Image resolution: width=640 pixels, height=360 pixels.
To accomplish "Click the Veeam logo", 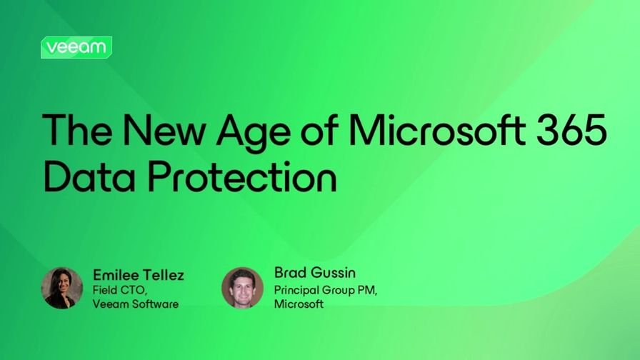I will tap(76, 47).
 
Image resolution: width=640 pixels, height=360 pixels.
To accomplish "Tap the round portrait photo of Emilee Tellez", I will tap(62, 288).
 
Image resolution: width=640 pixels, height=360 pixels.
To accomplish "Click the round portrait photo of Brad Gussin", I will tap(243, 288).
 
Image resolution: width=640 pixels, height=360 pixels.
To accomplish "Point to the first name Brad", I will tap(290, 272).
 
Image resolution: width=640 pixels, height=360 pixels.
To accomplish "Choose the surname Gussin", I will tap(334, 272).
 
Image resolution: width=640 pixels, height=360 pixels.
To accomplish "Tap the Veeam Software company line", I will tap(136, 304).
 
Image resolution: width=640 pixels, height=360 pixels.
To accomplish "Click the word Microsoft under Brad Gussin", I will tap(299, 304).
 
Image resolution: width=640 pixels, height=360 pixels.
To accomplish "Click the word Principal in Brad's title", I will tap(295, 289).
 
